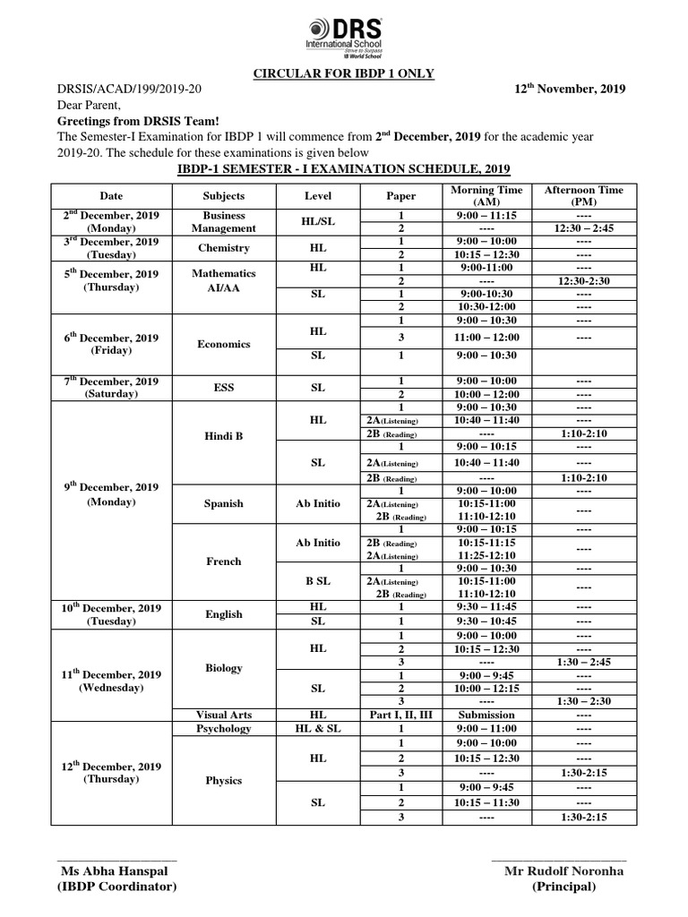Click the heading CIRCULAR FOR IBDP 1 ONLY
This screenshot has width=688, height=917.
[344, 73]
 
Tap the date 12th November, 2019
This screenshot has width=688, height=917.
[570, 89]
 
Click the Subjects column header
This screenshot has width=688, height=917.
[223, 195]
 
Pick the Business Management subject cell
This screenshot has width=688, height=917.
[223, 222]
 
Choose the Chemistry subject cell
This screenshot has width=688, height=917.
[223, 248]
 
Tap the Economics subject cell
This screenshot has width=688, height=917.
[223, 344]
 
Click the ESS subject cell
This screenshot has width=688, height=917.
[223, 387]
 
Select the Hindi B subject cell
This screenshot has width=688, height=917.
[223, 435]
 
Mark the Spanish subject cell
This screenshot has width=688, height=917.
[223, 503]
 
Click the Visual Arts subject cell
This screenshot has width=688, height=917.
[223, 715]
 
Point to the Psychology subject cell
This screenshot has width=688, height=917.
[223, 729]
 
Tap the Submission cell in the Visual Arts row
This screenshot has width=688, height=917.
[486, 715]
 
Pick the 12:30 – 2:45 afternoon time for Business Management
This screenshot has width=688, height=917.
[584, 228]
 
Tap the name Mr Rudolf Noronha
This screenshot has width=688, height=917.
[563, 871]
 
